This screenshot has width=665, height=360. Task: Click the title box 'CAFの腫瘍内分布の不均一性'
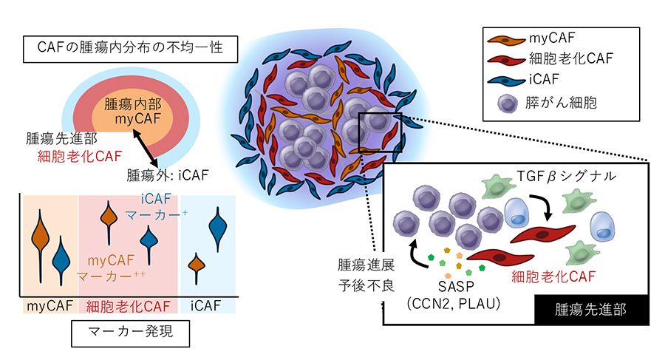click(130, 49)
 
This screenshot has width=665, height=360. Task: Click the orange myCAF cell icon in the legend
click(506, 40)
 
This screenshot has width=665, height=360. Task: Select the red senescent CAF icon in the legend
click(506, 61)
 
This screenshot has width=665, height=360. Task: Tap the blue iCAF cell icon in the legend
click(506, 81)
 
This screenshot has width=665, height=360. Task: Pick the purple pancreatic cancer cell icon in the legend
click(507, 103)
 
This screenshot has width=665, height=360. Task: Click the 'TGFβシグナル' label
click(566, 176)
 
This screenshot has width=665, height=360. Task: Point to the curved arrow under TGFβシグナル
click(542, 207)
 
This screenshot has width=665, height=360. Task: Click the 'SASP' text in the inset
click(456, 287)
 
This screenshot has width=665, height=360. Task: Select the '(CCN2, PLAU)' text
click(454, 304)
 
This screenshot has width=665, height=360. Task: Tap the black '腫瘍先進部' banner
click(591, 310)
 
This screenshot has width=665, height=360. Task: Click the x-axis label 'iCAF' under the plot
click(205, 305)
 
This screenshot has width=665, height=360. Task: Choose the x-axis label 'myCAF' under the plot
click(50, 305)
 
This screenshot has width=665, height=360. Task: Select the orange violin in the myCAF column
click(41, 245)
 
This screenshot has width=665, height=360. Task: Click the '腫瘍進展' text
click(366, 265)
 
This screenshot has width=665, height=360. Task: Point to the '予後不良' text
click(366, 285)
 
